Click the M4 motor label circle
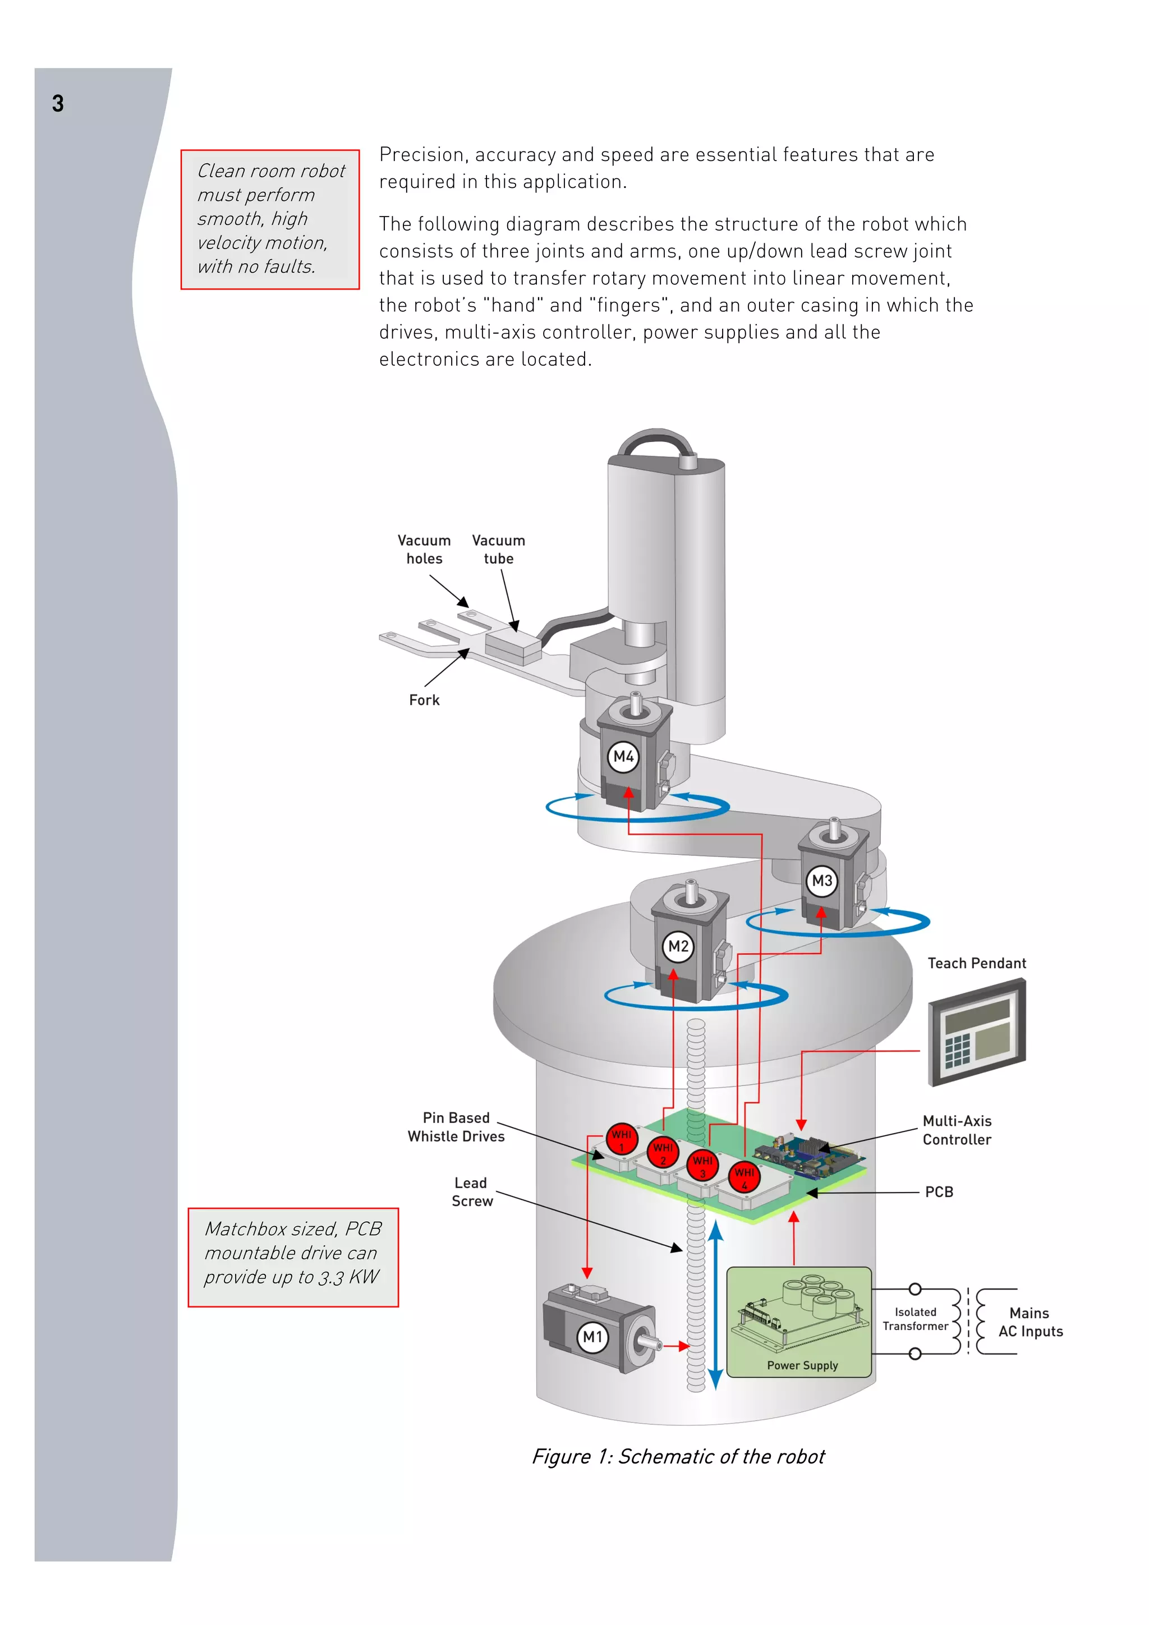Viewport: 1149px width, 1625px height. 623,757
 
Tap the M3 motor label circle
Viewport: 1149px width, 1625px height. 821,881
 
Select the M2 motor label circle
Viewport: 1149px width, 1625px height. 678,946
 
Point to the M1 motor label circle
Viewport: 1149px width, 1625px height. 592,1337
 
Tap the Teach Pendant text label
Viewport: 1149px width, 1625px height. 976,963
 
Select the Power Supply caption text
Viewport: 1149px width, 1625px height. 802,1365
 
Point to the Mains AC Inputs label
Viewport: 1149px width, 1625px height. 1030,1322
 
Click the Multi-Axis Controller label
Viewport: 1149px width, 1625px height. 957,1130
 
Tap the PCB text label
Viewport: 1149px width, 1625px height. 939,1192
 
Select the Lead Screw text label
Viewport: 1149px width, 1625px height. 471,1192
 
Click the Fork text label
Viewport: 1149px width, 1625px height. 424,700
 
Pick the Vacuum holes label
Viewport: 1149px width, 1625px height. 424,549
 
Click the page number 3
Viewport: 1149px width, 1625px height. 58,104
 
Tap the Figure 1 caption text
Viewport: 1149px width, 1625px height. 678,1457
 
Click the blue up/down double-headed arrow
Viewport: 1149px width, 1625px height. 716,1305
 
